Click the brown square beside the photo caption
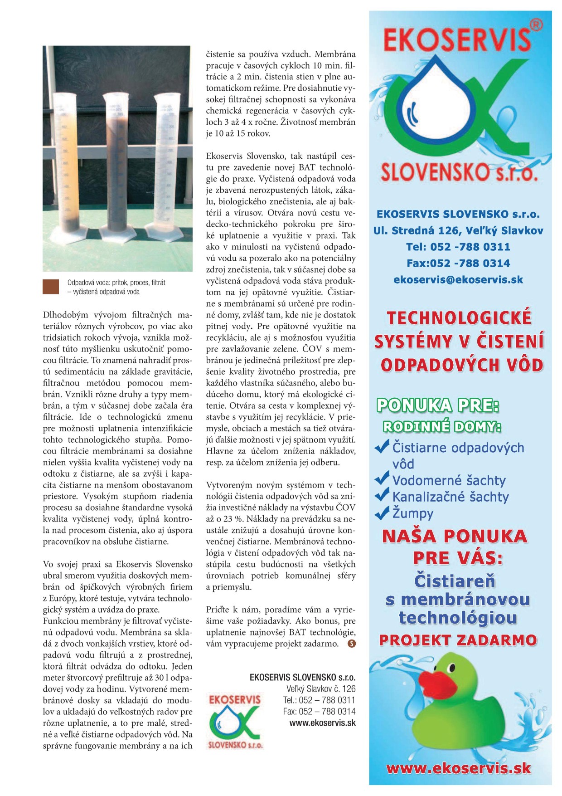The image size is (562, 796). [51, 287]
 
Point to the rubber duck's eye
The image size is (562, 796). [451, 667]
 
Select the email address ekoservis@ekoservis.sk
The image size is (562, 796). [458, 280]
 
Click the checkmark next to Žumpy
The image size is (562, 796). [382, 513]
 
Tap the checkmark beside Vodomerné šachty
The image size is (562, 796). [382, 478]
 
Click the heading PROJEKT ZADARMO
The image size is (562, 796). [458, 640]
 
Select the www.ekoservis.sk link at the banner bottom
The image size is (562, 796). [458, 768]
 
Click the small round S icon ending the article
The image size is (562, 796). [352, 644]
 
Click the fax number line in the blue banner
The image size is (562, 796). [458, 264]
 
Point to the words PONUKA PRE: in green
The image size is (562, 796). [438, 405]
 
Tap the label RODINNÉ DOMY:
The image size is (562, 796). [442, 427]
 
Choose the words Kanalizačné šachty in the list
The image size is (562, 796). [450, 497]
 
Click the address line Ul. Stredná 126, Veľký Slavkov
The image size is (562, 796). [458, 231]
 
